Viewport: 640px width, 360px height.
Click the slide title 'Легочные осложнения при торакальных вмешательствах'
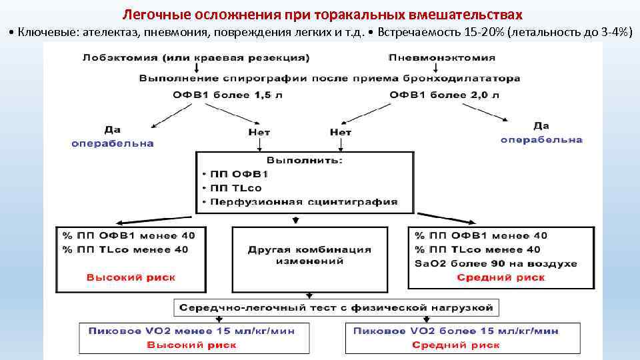pyautogui.click(x=323, y=14)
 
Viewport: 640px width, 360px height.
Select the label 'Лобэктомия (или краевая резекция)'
pyautogui.click(x=197, y=58)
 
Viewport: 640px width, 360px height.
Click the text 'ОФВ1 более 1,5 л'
pyautogui.click(x=228, y=95)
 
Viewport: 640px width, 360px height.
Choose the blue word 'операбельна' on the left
pyautogui.click(x=113, y=143)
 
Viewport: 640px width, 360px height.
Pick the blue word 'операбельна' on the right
pyautogui.click(x=541, y=140)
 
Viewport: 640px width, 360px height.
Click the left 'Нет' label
pyautogui.click(x=259, y=132)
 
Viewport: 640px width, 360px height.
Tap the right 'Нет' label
pyautogui.click(x=341, y=132)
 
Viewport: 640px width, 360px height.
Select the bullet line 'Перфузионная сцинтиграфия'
pyautogui.click(x=303, y=201)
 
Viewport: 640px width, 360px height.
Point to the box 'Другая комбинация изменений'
pyautogui.click(x=309, y=255)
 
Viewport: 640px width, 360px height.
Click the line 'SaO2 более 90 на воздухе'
pyautogui.click(x=496, y=263)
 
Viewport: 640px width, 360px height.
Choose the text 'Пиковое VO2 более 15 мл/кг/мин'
pyautogui.click(x=456, y=331)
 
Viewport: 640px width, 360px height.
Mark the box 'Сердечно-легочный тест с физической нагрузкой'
pyautogui.click(x=336, y=307)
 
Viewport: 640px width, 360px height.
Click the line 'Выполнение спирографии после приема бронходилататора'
pyautogui.click(x=329, y=78)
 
